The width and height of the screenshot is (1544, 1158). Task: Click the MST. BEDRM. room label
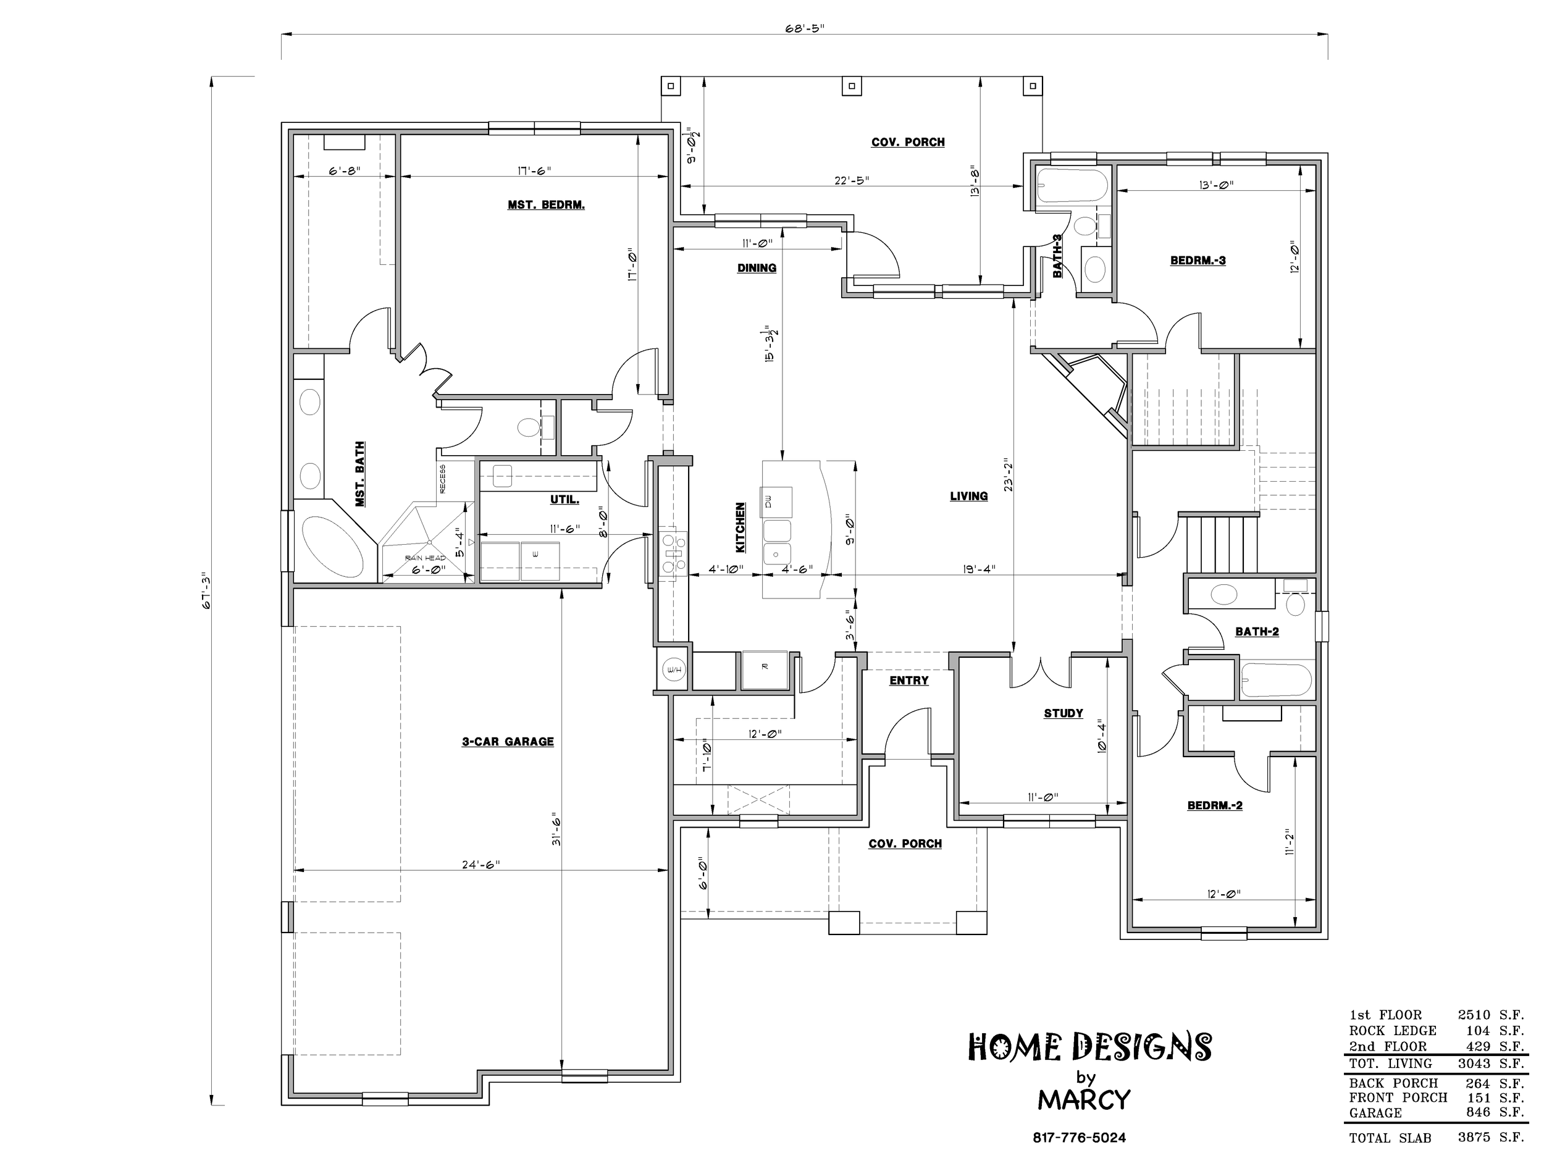tap(546, 205)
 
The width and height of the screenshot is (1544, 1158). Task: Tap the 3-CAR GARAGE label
tap(508, 742)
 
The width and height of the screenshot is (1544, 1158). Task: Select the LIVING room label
tap(969, 497)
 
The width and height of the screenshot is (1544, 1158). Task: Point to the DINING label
tap(757, 268)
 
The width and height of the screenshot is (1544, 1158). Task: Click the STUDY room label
tap(1063, 713)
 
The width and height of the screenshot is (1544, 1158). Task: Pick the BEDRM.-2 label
tap(1215, 805)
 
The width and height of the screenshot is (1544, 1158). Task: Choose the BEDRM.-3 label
tap(1198, 261)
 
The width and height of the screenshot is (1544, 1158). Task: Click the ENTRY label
tap(909, 681)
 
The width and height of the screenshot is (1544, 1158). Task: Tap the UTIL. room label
tap(564, 500)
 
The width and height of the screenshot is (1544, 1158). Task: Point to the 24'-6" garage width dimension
tap(481, 865)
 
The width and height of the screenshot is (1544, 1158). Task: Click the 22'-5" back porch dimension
tap(852, 181)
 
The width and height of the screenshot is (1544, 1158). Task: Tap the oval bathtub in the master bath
tap(332, 545)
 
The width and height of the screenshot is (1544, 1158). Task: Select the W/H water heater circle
tap(674, 670)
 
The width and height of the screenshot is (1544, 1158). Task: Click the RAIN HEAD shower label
tap(425, 558)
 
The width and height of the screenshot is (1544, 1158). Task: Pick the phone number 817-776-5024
tap(1079, 1138)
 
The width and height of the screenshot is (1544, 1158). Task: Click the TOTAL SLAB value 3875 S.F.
tap(1490, 1137)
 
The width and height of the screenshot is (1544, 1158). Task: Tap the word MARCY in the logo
tap(1083, 1100)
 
